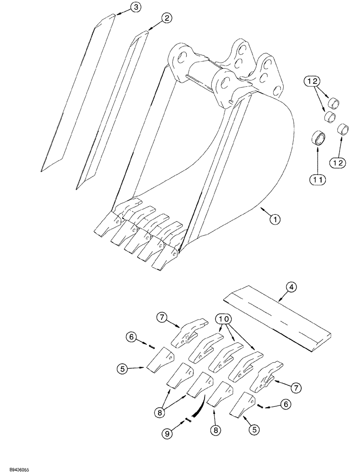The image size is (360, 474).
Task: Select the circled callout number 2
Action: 166,18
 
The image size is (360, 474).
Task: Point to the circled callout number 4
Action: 291,286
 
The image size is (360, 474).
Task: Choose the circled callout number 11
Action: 317,179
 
